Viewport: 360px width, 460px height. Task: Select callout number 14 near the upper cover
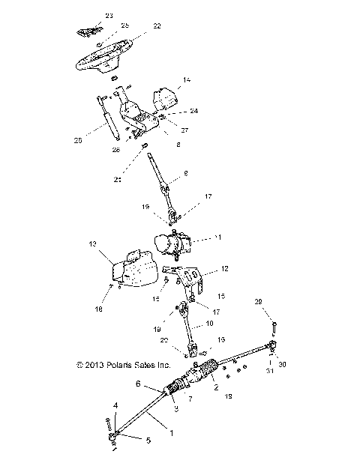tap(187, 78)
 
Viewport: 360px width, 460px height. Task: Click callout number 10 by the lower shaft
tap(209, 323)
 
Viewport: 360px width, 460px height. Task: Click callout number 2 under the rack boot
tap(215, 389)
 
